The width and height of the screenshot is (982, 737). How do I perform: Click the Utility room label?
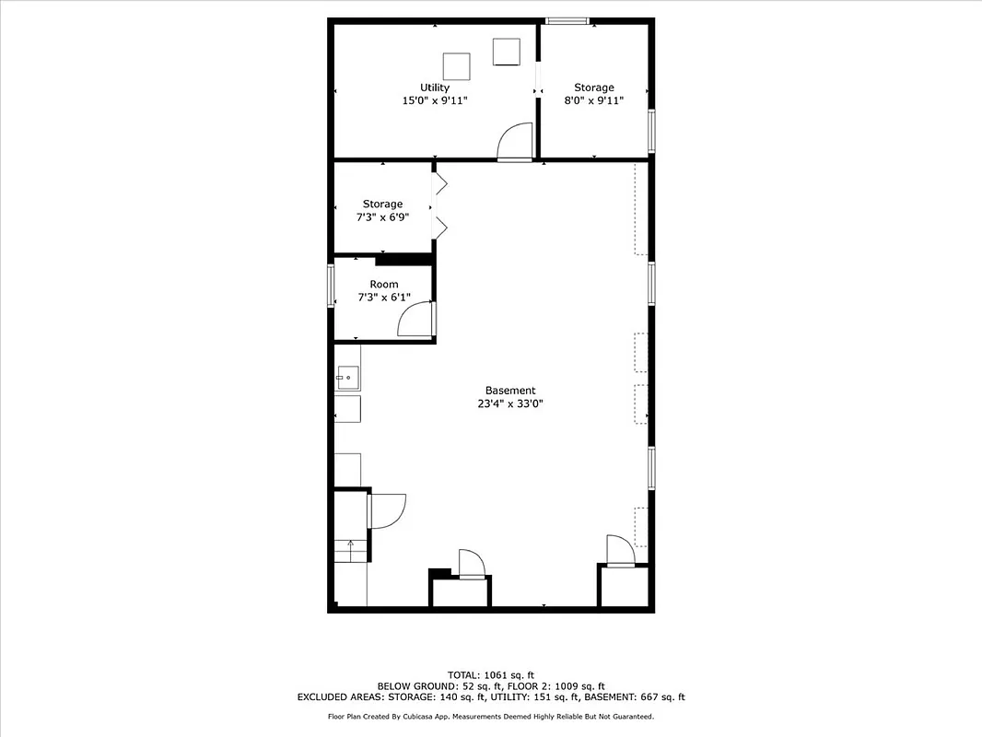point(435,88)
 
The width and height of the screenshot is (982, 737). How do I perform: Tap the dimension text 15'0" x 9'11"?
point(435,100)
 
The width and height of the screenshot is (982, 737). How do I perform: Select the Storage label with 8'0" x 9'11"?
point(594,88)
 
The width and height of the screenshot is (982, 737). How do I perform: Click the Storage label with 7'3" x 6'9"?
point(382,204)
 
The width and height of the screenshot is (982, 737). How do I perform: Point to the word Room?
point(384,284)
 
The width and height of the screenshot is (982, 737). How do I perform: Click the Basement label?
point(510,390)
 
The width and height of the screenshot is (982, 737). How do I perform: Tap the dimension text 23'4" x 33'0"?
point(510,404)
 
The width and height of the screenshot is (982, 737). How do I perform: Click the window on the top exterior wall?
point(568,20)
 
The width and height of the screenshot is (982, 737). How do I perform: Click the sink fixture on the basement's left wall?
point(347,375)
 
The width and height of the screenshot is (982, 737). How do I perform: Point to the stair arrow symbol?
point(350,546)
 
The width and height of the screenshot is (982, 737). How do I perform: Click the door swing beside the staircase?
point(386,510)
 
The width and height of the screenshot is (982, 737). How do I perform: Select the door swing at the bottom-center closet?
point(471,563)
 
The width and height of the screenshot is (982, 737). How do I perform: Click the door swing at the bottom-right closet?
point(619,549)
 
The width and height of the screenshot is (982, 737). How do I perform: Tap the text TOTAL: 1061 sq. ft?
point(491,674)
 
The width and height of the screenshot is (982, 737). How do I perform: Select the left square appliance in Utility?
point(457,66)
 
